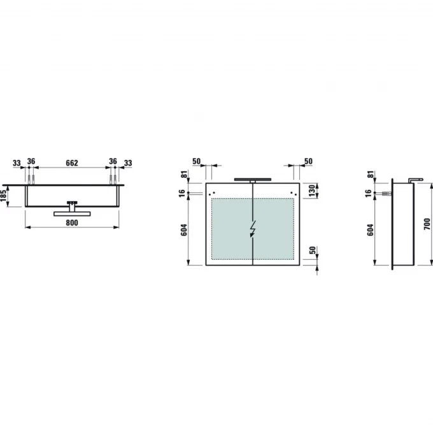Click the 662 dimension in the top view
[x=72, y=163]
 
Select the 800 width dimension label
[x=72, y=223]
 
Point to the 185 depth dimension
[x=4, y=195]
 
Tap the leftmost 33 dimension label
[x=17, y=163]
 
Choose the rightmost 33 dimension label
[x=128, y=163]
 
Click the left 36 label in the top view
[x=31, y=161]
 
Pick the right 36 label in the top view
[x=113, y=161]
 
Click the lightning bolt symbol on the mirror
[x=253, y=229]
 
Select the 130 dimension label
[x=312, y=191]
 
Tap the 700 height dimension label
[x=427, y=224]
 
